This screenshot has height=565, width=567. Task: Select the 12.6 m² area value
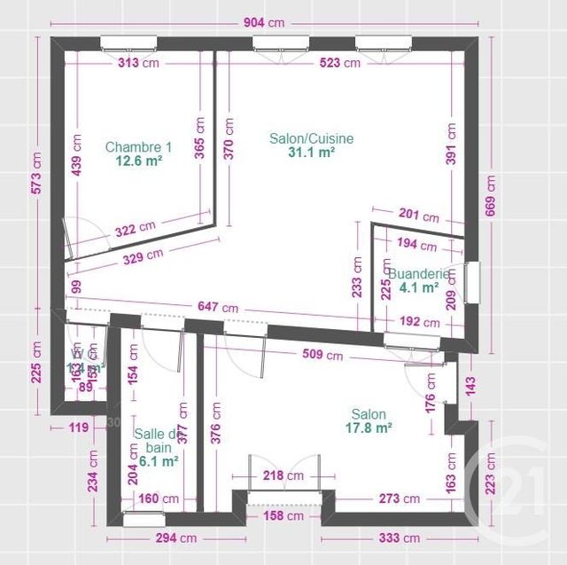[138, 161]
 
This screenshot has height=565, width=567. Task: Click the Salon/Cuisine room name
[312, 138]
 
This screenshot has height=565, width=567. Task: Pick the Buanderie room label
[421, 274]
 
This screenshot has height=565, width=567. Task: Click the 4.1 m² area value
[420, 287]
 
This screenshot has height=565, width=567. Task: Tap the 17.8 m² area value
[369, 428]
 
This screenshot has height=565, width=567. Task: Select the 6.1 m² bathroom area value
[159, 461]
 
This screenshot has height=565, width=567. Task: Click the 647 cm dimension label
[216, 307]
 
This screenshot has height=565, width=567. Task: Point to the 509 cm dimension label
[321, 356]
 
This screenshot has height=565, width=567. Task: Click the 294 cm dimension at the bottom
[175, 538]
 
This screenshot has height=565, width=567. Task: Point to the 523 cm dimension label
[339, 63]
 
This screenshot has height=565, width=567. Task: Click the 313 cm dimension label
[137, 63]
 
